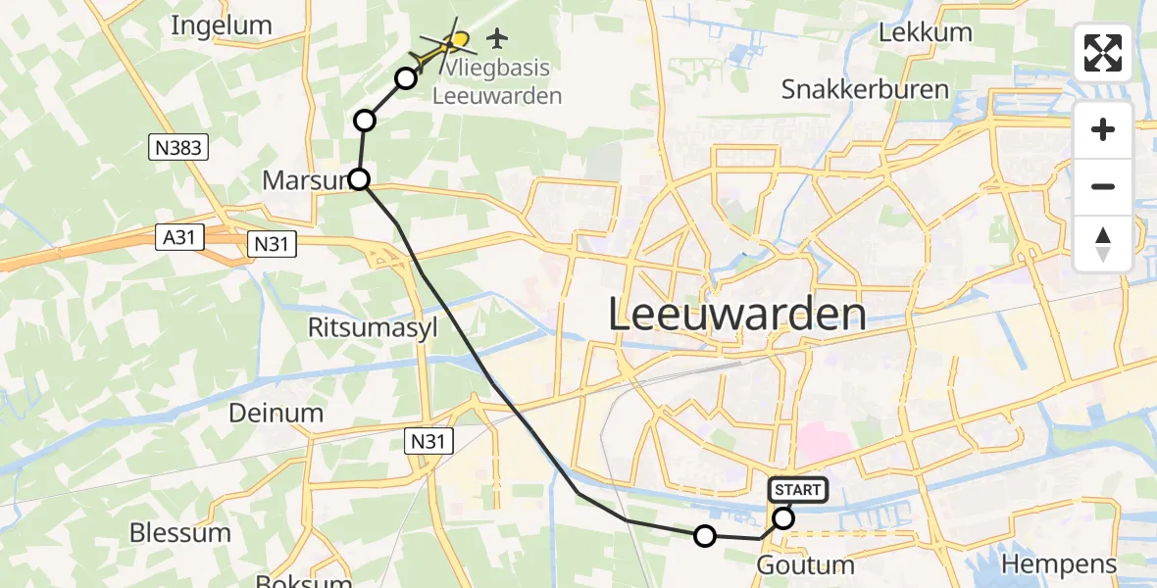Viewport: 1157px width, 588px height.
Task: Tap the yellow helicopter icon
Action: (x=444, y=47)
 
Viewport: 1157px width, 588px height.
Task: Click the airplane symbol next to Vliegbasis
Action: (x=498, y=38)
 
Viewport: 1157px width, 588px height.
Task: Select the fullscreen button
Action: (x=1103, y=53)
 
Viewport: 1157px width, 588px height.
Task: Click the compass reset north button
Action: (x=1103, y=244)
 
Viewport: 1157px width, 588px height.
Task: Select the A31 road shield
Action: (x=177, y=237)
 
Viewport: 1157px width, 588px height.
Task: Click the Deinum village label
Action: (x=276, y=413)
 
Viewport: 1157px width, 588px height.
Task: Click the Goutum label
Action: (x=806, y=565)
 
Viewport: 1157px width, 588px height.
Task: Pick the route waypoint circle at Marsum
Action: (x=360, y=179)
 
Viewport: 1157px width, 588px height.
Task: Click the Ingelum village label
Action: (x=222, y=25)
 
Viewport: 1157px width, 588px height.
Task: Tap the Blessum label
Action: (x=180, y=533)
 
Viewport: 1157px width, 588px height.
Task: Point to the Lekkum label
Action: (x=926, y=32)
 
